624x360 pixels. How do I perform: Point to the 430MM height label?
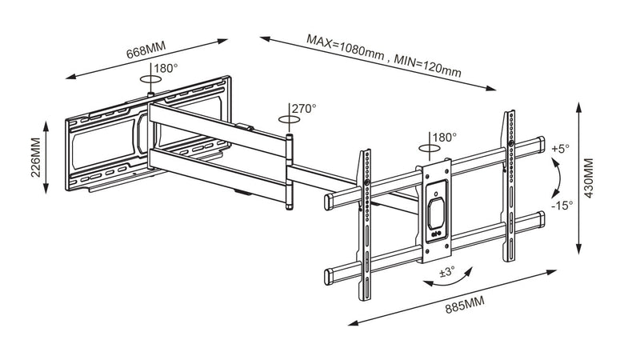590,180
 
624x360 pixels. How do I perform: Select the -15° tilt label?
562,206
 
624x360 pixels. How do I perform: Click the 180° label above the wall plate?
166,69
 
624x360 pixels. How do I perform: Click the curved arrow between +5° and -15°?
557,176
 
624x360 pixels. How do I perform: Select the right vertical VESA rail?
508,188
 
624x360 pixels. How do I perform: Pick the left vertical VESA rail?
366,208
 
